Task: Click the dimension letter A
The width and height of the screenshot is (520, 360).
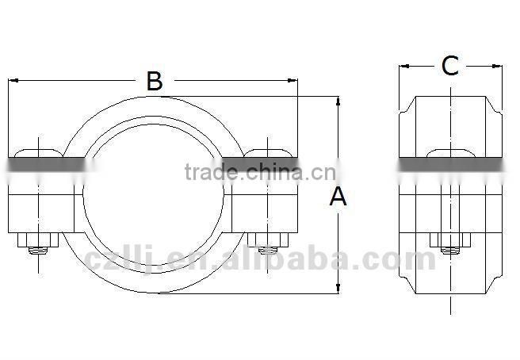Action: coord(338,197)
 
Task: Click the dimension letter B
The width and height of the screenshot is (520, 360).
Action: coord(155,80)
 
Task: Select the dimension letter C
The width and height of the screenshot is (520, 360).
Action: coord(450,67)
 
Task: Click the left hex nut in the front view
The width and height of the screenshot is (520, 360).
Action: coord(37,240)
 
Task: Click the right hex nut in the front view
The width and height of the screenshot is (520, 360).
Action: coord(267,240)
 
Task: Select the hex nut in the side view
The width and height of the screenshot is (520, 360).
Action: coord(450,240)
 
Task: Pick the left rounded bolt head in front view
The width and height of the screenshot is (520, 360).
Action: coord(37,151)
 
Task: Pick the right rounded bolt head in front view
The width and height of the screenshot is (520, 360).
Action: coord(267,151)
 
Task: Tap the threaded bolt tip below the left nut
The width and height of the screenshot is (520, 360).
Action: coord(37,253)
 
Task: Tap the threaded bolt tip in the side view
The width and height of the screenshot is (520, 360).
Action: coord(450,253)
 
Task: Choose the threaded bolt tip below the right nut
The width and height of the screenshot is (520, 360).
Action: coord(267,253)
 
